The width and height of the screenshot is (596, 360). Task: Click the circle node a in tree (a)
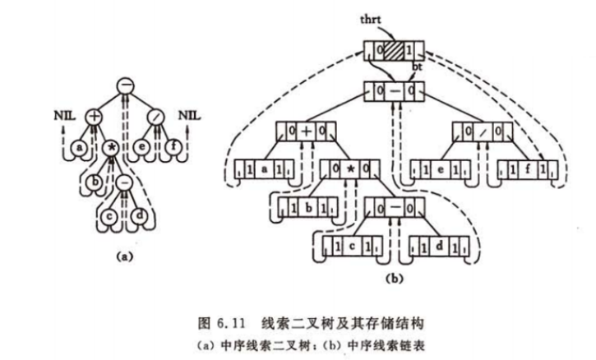pyautogui.click(x=79, y=147)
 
